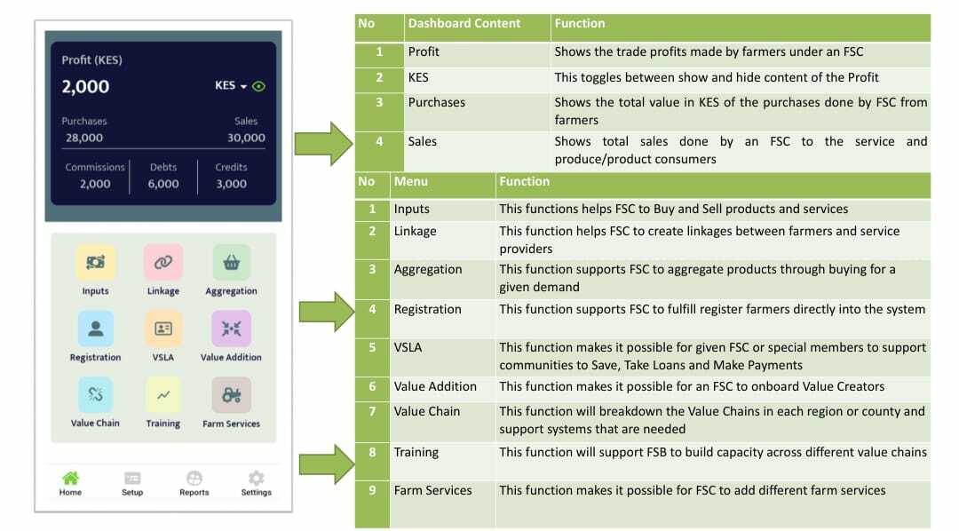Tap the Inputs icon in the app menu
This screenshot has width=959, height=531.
point(95,263)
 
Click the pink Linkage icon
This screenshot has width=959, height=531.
point(163,263)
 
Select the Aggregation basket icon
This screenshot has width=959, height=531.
point(231,263)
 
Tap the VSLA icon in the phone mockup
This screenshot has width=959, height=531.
point(163,329)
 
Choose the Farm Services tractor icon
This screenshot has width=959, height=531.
point(231,394)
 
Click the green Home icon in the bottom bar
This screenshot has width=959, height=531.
point(70,477)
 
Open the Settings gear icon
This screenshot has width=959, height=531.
point(257,477)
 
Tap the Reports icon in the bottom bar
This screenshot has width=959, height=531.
point(194,477)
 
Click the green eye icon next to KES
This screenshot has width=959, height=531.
point(258,86)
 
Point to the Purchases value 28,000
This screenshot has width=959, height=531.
point(84,138)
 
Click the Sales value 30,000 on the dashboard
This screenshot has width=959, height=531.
point(247,138)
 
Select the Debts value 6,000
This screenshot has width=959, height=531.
point(163,184)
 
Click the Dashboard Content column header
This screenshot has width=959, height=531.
point(464,23)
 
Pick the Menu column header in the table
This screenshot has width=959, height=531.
point(411,181)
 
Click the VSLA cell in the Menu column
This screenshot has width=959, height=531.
point(408,347)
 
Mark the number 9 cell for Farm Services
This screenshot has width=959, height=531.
point(372,490)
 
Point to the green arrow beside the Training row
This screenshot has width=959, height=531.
point(327,464)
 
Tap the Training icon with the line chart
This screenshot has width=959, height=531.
point(163,394)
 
